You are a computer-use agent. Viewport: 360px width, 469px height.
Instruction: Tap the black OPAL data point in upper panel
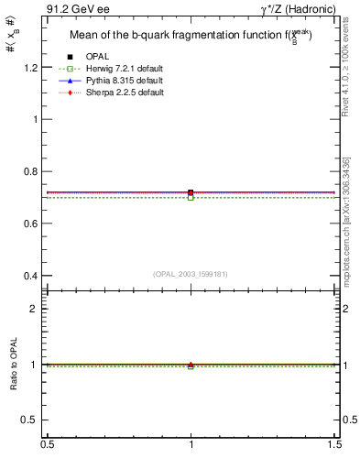(191, 192)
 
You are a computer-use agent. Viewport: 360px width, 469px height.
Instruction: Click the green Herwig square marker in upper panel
(191, 197)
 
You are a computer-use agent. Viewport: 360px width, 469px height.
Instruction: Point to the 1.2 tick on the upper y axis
(33, 68)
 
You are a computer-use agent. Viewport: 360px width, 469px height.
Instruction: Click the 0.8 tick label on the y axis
(33, 171)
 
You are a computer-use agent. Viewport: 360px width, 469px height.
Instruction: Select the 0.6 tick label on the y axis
(33, 224)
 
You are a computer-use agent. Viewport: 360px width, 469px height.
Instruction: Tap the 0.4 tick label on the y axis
(33, 276)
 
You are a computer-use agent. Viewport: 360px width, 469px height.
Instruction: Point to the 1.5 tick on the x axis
(334, 444)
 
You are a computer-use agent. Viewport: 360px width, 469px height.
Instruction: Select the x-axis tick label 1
(191, 444)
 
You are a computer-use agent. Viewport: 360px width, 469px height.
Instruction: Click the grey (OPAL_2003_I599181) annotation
(190, 272)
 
